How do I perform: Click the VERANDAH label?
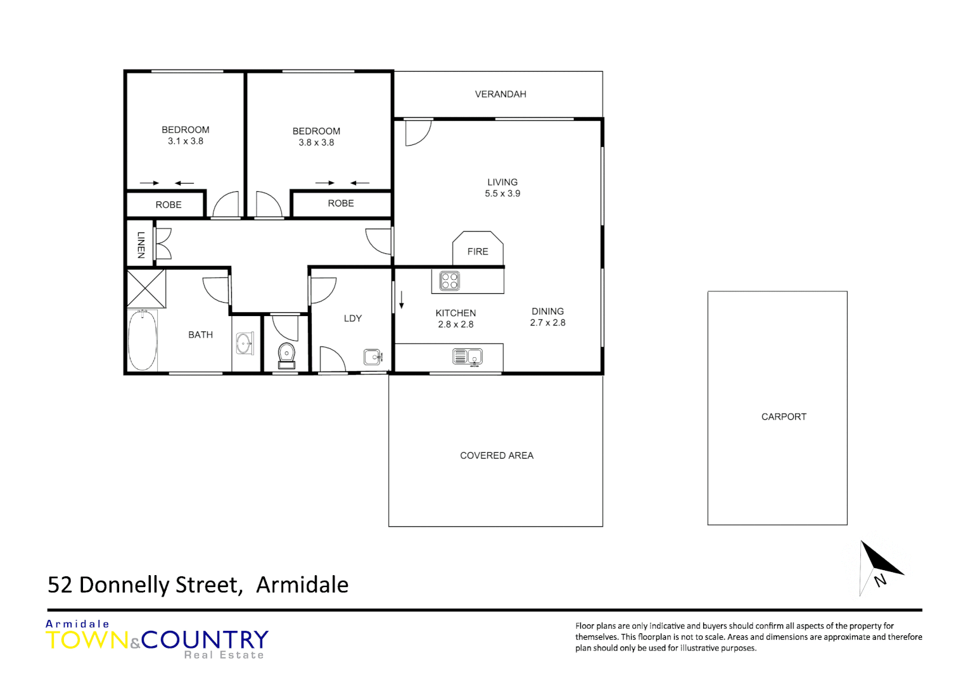pos(500,94)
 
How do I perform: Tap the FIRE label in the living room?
pos(478,251)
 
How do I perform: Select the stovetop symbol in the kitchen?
pos(450,281)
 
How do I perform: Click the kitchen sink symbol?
pos(468,357)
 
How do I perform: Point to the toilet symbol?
pos(286,355)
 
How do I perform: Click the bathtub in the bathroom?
pos(143,340)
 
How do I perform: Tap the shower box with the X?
pos(146,288)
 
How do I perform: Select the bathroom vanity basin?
pos(245,344)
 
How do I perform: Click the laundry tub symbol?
pos(373,357)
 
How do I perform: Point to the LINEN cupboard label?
pos(141,244)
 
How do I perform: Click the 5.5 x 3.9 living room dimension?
pos(502,194)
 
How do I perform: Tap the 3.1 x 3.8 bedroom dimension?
pos(186,141)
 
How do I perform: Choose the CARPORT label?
pos(784,417)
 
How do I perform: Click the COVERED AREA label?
pos(497,455)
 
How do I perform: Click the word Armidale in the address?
pos(302,585)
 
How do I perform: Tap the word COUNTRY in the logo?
pos(205,640)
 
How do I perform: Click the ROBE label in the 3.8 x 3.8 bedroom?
pos(341,203)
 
